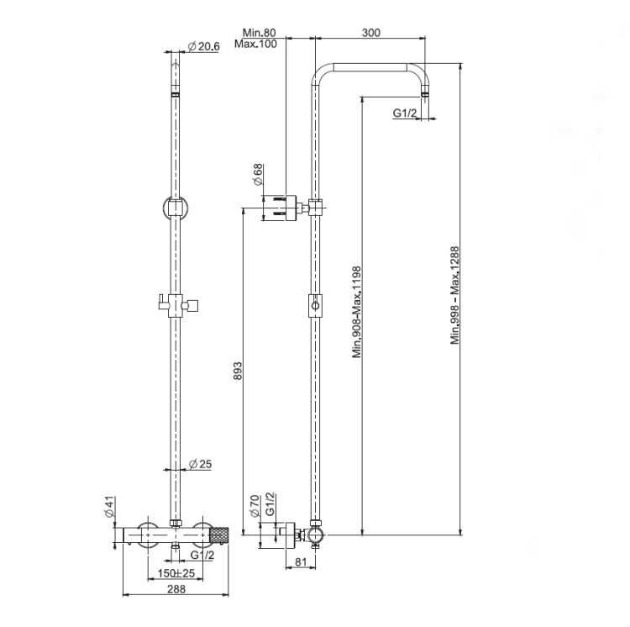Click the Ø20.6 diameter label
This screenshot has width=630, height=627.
pos(204,46)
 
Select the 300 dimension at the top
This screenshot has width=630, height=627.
pos(370,33)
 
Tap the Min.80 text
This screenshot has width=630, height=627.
pos(260,33)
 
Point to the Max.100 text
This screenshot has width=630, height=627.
pos(255,44)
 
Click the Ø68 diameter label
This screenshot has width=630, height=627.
pos(258,174)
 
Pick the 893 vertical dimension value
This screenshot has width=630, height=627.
pos(238,371)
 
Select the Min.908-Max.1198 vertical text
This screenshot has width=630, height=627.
pos(357,312)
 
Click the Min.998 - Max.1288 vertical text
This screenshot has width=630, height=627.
pos(454,295)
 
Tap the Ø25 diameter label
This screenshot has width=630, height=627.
pos(200,464)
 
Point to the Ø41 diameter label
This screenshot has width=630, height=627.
pos(110,507)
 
